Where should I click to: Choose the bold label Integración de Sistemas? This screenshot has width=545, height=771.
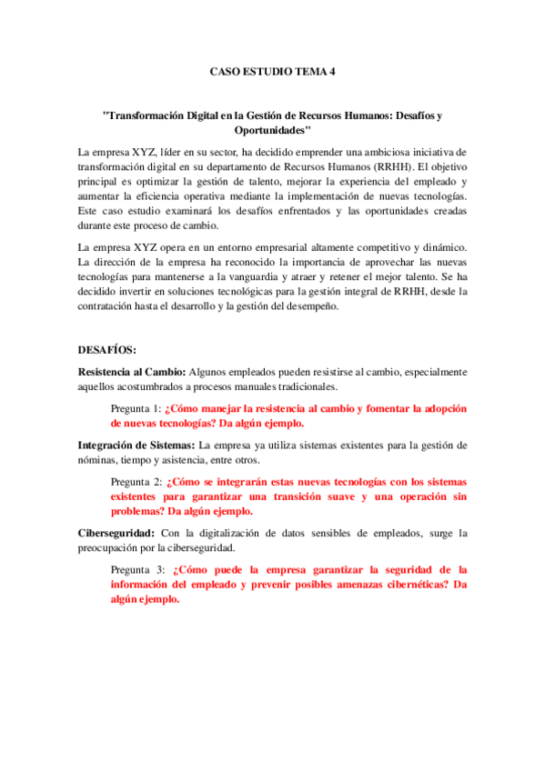point(136,445)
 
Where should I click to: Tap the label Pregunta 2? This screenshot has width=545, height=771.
point(135,481)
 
